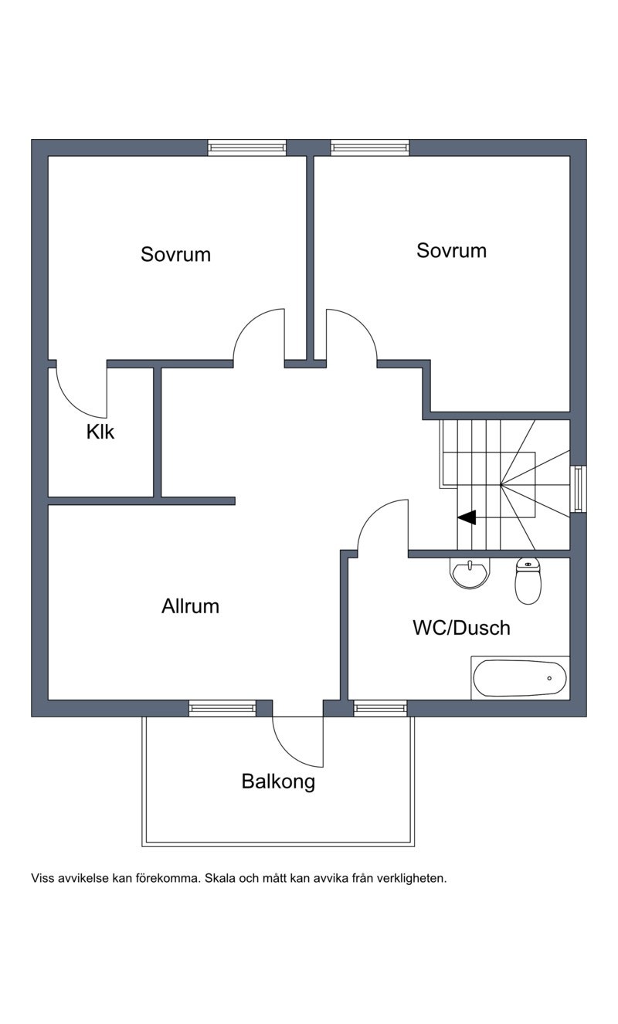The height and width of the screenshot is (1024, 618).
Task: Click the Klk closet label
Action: pos(100,432)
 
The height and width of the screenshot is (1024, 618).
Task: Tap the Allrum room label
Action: pos(190,606)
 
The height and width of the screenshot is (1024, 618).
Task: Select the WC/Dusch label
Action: pos(461,628)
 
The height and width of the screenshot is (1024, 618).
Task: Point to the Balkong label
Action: pos(278,782)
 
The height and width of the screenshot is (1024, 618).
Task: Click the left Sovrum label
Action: pos(175,254)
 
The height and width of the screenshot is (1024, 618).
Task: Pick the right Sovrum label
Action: pos(451,250)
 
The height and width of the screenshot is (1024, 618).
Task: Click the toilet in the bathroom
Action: pos(528,581)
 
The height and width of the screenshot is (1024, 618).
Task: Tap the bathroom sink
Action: pos(470,573)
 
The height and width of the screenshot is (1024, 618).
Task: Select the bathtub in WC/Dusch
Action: pos(520,678)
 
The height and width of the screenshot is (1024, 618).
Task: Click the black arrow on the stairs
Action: pos(467,517)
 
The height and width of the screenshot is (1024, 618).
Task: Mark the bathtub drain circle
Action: pos(549,678)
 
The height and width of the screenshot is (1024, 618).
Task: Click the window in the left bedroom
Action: pos(247,147)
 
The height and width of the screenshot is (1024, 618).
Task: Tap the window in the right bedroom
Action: pos(369,147)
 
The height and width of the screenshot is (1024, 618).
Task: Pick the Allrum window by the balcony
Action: pos(222,708)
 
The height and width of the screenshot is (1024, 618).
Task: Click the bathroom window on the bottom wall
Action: pos(380,708)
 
